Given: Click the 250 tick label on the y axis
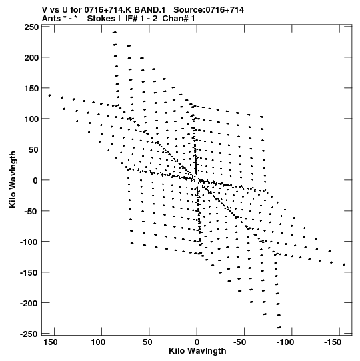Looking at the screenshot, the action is point(31,27).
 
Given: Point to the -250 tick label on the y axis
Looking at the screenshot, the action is point(29,334).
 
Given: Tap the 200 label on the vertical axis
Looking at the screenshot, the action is point(31,57).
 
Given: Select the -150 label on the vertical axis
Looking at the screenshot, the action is point(29,273).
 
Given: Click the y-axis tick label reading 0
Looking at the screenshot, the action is point(35,180).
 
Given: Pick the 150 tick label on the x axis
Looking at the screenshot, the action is point(50,342).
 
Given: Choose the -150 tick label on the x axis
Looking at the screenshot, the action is point(333,342).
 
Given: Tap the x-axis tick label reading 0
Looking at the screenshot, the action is point(197,342).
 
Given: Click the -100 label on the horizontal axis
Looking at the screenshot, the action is point(285,342).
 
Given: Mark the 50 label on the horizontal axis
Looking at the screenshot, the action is point(147,342).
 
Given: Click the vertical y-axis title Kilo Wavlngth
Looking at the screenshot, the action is point(13,179).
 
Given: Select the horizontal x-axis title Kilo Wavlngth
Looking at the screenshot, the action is point(197,351).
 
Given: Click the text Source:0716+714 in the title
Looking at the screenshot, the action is point(209,10).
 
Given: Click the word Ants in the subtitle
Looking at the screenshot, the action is point(51,19).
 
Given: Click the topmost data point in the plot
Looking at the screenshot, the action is point(115,33).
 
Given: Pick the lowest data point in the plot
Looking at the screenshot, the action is point(279,327).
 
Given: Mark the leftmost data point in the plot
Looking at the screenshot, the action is point(49,95).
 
